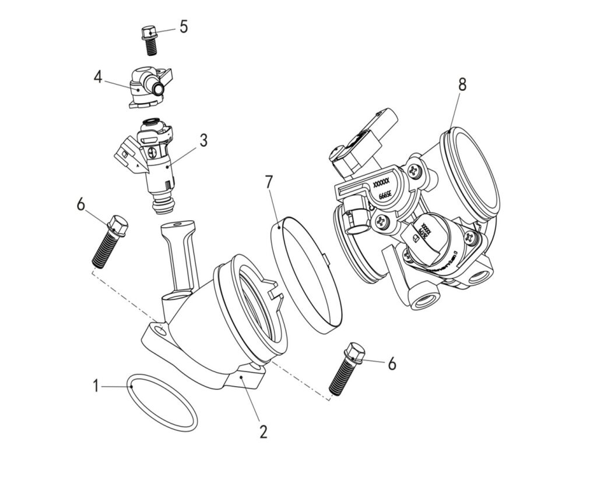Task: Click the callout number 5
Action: click(x=184, y=27)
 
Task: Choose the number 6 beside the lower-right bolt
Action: click(x=392, y=364)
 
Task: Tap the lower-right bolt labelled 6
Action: click(x=346, y=370)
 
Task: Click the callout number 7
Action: click(x=269, y=182)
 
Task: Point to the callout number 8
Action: click(x=462, y=84)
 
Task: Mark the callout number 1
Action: click(x=96, y=385)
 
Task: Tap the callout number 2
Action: click(x=263, y=432)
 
